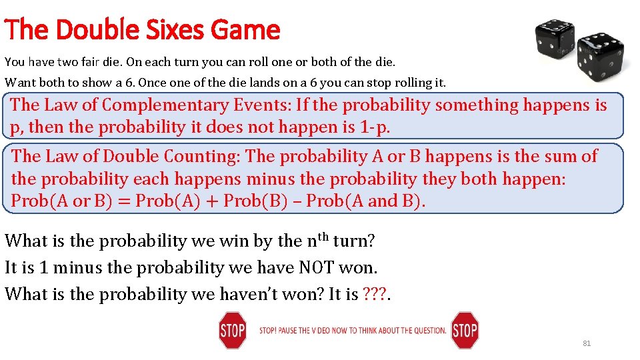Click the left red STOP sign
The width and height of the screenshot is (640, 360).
click(232, 330)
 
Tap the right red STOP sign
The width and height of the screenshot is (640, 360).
click(465, 330)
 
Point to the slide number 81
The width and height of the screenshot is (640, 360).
click(587, 343)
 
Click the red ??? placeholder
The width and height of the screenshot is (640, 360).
click(375, 294)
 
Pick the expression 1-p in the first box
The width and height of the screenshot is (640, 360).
click(373, 127)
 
